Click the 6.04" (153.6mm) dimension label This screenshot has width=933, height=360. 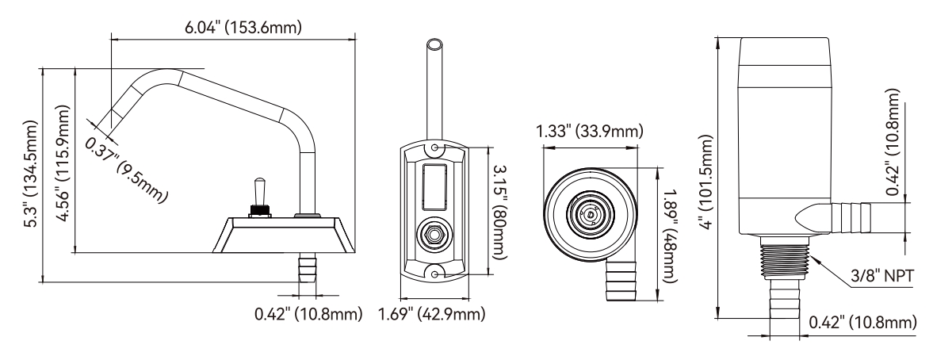coord(235,28)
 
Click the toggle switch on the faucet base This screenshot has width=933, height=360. coord(257,195)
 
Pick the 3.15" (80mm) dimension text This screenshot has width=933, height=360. coord(500,210)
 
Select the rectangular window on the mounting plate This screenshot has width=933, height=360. coord(435,185)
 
